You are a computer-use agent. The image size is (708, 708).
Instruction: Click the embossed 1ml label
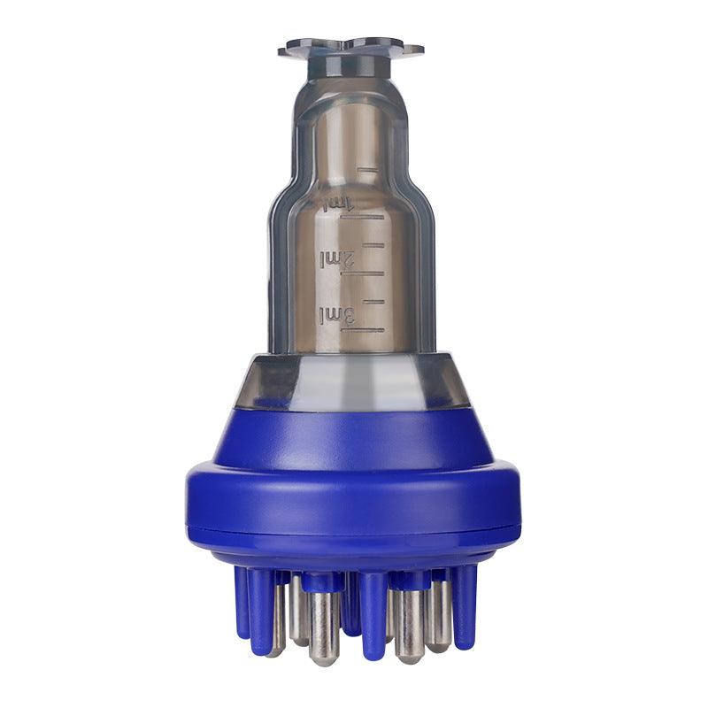click(x=339, y=203)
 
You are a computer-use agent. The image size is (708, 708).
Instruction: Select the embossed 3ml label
click(x=337, y=315)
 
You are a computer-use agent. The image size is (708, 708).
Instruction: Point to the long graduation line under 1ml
click(x=362, y=217)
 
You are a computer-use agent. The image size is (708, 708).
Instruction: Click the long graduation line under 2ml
click(x=362, y=273)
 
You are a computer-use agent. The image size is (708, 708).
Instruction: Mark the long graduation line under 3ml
click(x=363, y=330)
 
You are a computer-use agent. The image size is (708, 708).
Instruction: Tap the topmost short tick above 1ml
click(x=367, y=170)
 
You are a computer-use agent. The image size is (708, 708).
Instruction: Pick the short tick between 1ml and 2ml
click(x=373, y=245)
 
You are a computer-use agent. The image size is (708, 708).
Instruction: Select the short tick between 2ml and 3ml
click(x=373, y=301)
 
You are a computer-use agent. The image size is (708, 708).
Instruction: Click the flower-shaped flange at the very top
click(x=350, y=48)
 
